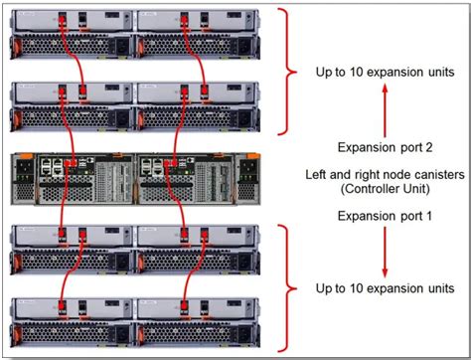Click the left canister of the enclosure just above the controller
[x=72, y=102]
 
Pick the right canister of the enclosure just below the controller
[x=199, y=248]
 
